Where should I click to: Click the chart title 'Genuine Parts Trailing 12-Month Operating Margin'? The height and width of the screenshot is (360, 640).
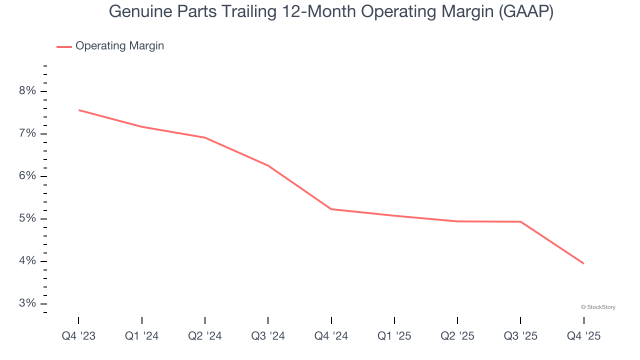pyautogui.click(x=331, y=11)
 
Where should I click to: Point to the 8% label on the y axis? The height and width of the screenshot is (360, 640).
pyautogui.click(x=27, y=91)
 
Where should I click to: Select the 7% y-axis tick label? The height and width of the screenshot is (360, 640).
pyautogui.click(x=27, y=133)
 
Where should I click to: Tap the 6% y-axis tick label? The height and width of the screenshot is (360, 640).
pyautogui.click(x=27, y=176)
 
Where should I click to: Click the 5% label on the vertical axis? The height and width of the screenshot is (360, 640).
pyautogui.click(x=27, y=218)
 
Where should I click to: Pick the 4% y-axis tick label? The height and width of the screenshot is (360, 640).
pyautogui.click(x=27, y=261)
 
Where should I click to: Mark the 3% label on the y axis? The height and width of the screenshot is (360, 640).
pyautogui.click(x=27, y=303)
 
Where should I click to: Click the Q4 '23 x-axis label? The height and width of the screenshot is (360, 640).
pyautogui.click(x=78, y=336)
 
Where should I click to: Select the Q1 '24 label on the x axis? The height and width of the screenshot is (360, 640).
pyautogui.click(x=142, y=336)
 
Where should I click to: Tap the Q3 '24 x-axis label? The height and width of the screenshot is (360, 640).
pyautogui.click(x=268, y=336)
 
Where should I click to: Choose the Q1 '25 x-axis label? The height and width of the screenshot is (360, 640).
pyautogui.click(x=394, y=336)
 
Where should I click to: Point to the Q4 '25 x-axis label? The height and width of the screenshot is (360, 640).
pyautogui.click(x=583, y=336)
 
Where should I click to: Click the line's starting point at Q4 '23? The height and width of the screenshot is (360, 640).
pyautogui.click(x=79, y=110)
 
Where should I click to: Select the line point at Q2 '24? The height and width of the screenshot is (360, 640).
pyautogui.click(x=205, y=137)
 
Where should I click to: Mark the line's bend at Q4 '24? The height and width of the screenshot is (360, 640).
pyautogui.click(x=331, y=209)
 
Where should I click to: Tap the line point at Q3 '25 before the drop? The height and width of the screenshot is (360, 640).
pyautogui.click(x=520, y=221)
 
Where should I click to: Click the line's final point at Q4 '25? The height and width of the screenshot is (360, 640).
pyautogui.click(x=583, y=263)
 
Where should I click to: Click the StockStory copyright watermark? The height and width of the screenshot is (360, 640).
pyautogui.click(x=598, y=307)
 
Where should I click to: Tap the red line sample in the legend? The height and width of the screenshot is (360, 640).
pyautogui.click(x=64, y=46)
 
